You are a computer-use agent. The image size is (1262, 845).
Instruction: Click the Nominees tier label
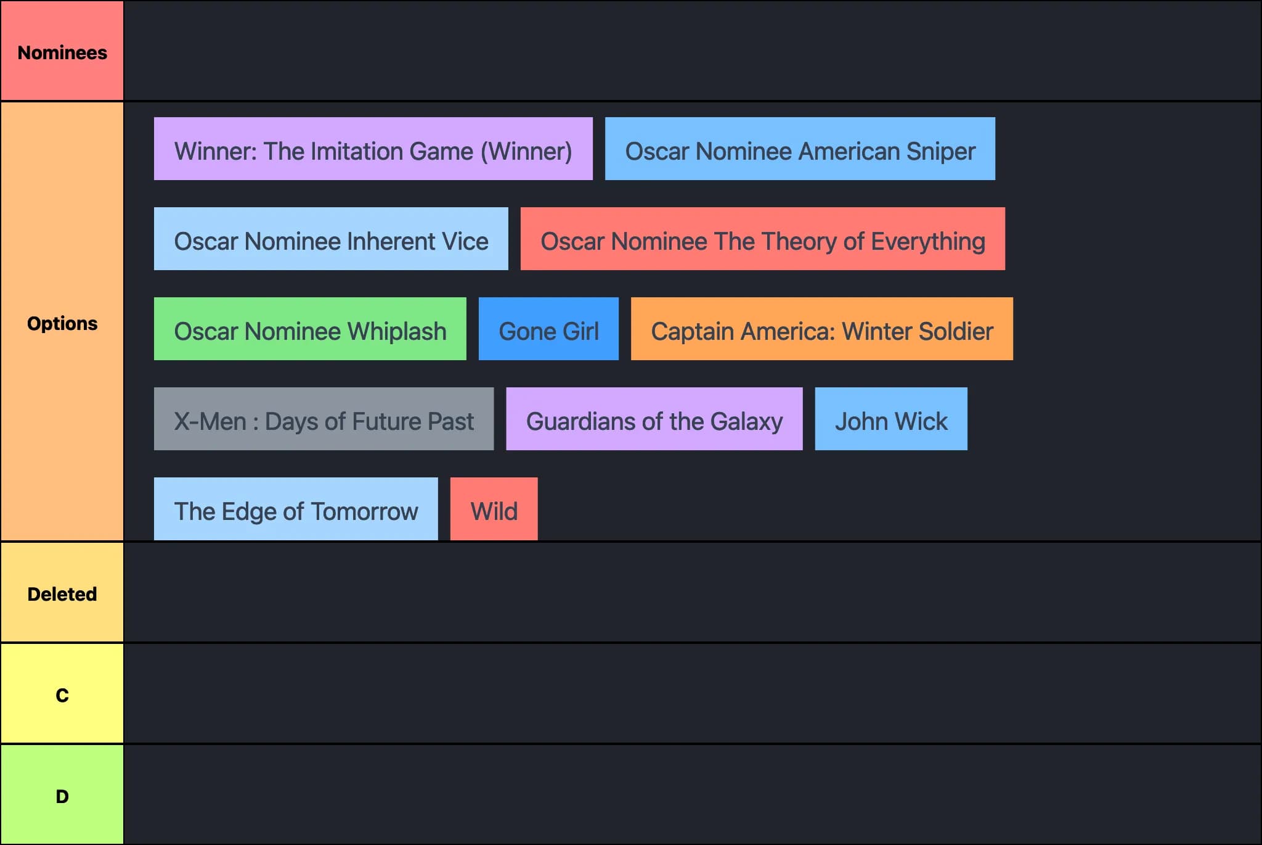62,52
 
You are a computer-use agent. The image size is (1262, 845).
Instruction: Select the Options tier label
62,323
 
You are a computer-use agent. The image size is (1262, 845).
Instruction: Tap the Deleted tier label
62,593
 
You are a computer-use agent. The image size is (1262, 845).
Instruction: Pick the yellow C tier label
62,695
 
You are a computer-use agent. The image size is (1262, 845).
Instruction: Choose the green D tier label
62,796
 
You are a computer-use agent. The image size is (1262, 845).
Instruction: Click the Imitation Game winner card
373,149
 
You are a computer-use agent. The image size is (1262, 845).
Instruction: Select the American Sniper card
799,149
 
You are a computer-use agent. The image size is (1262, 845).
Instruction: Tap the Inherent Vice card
331,239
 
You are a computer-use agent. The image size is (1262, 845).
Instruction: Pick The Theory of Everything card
762,239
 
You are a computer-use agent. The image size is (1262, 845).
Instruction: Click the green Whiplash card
310,329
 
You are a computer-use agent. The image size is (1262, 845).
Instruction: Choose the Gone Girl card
548,329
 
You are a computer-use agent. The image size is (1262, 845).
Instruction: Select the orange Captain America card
821,329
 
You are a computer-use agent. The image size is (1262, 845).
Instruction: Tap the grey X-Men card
324,419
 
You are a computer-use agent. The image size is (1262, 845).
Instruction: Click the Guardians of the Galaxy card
654,419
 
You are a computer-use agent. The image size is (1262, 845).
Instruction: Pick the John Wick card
890,419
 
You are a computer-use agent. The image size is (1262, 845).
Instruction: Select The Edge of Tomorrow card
296,509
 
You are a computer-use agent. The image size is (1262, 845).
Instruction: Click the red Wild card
494,509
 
